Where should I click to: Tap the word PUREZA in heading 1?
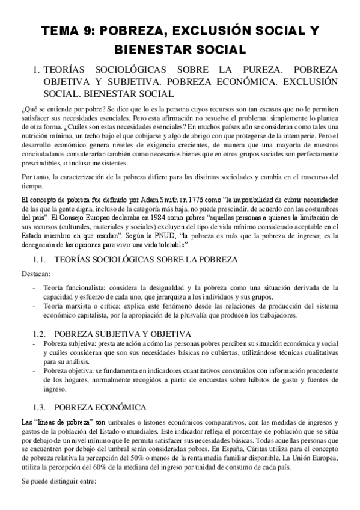click(251, 69)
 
